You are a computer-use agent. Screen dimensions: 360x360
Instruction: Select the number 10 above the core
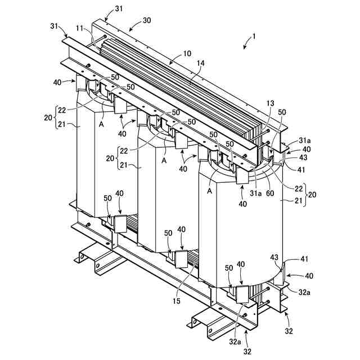pyautogui.click(x=187, y=54)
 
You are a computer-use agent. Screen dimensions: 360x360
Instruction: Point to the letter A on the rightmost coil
pyautogui.click(x=210, y=191)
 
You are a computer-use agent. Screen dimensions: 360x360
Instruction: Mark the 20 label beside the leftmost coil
pyautogui.click(x=48, y=117)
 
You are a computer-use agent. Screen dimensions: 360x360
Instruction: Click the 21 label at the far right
pyautogui.click(x=299, y=201)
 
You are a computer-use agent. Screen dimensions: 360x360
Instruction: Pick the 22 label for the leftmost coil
pyautogui.click(x=62, y=109)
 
